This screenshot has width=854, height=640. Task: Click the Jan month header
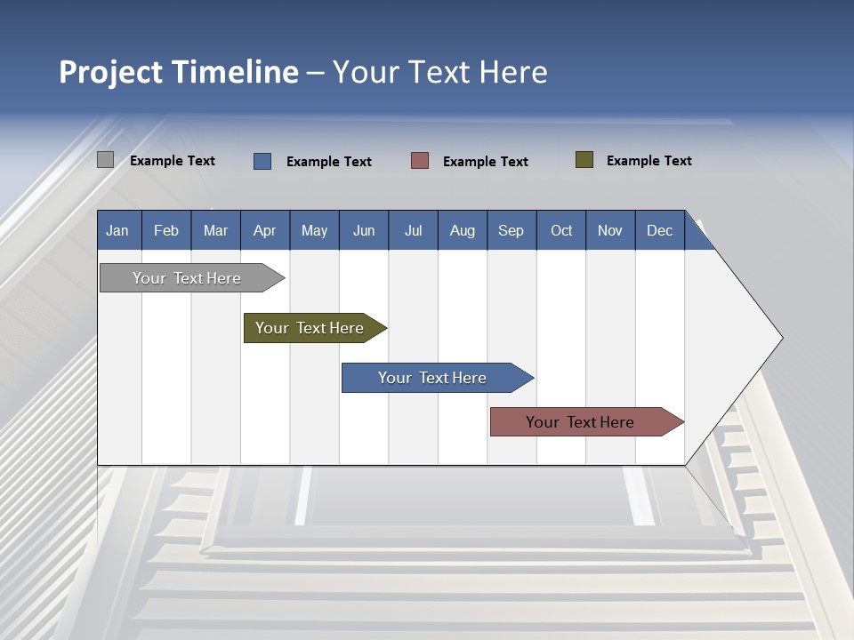coord(117,231)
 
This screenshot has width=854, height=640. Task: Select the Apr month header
coord(264,231)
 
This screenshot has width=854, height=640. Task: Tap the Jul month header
coord(413,231)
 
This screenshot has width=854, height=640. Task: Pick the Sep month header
coord(511,231)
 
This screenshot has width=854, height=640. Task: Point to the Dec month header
coord(659,231)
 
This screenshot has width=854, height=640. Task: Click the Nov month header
coord(610,231)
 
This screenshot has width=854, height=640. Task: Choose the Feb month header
coord(166,231)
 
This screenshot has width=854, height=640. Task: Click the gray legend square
coord(106,160)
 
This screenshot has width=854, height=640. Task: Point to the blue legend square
coord(262,161)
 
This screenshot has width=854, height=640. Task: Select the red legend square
coord(420,161)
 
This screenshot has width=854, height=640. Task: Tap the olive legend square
coord(584,160)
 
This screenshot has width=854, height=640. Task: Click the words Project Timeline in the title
coord(178,72)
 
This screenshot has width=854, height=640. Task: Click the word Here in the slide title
coord(513,72)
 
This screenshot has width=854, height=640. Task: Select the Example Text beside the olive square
coord(649,161)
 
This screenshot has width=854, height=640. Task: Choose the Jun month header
coord(364,231)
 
